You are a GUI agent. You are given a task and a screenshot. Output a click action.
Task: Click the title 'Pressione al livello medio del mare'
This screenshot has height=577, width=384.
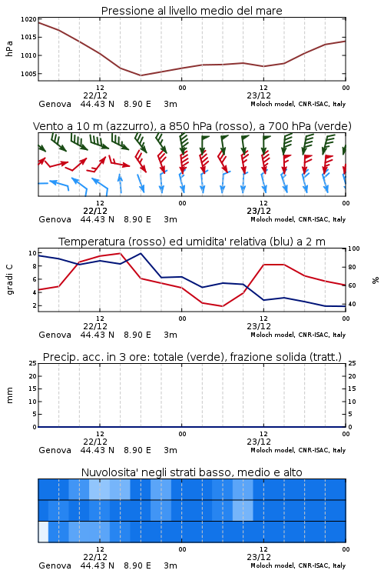coord(191,11)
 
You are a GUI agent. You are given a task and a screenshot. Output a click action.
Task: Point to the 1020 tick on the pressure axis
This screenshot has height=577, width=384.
coord(28,19)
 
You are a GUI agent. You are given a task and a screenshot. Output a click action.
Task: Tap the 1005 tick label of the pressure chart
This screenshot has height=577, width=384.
coord(28,74)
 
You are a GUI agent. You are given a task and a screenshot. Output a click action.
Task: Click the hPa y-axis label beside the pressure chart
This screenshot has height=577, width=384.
coord(9,48)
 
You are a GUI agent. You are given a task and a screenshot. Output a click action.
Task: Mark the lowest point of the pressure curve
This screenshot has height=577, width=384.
coord(141,75)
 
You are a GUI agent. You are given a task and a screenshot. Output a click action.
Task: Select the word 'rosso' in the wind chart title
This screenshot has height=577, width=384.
coord(230,126)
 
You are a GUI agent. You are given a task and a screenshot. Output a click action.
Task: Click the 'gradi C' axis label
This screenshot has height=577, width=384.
coord(9,279)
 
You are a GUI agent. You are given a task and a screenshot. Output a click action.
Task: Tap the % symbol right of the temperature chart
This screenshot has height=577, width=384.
coord(376,280)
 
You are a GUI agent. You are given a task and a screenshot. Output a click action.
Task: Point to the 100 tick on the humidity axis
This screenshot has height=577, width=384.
coord(353,248)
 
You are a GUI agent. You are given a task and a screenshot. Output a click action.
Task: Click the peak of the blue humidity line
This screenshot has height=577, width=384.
coord(141,253)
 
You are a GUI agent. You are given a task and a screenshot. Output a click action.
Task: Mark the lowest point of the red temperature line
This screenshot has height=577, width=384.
coord(222,306)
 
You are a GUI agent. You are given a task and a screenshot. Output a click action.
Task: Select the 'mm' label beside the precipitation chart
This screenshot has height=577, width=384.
coord(9,395)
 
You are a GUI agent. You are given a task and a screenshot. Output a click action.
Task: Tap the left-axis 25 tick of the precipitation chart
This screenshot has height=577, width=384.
coord(33,363)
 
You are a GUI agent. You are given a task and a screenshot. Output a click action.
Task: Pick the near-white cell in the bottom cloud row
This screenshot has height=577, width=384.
coord(43,532)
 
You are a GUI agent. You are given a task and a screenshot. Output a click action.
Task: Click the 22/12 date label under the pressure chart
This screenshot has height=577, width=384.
coord(95,95)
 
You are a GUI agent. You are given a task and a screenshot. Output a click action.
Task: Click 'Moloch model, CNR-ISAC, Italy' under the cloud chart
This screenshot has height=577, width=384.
coord(298,565)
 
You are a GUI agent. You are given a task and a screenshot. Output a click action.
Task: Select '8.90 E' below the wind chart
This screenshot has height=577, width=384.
coord(137,219)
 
